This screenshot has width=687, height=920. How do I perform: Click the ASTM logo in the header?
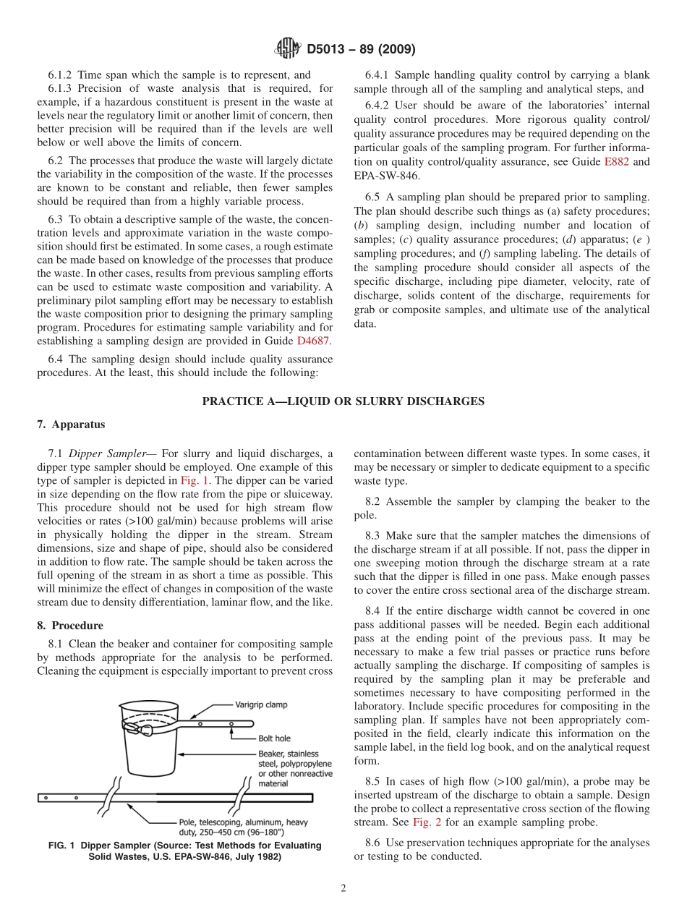point(287,49)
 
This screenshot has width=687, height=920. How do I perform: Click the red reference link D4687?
point(314,341)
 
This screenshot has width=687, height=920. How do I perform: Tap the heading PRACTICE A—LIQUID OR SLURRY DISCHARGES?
point(343,401)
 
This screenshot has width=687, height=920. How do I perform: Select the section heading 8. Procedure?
point(70,626)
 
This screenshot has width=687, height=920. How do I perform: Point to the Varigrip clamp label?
point(261,704)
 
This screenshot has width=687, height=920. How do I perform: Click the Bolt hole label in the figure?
point(274,738)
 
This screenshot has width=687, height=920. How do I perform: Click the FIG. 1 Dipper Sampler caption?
point(184,851)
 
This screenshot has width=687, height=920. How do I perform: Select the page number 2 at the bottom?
point(343,888)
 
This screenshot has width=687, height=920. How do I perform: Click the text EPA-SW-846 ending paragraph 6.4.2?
point(386,176)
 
